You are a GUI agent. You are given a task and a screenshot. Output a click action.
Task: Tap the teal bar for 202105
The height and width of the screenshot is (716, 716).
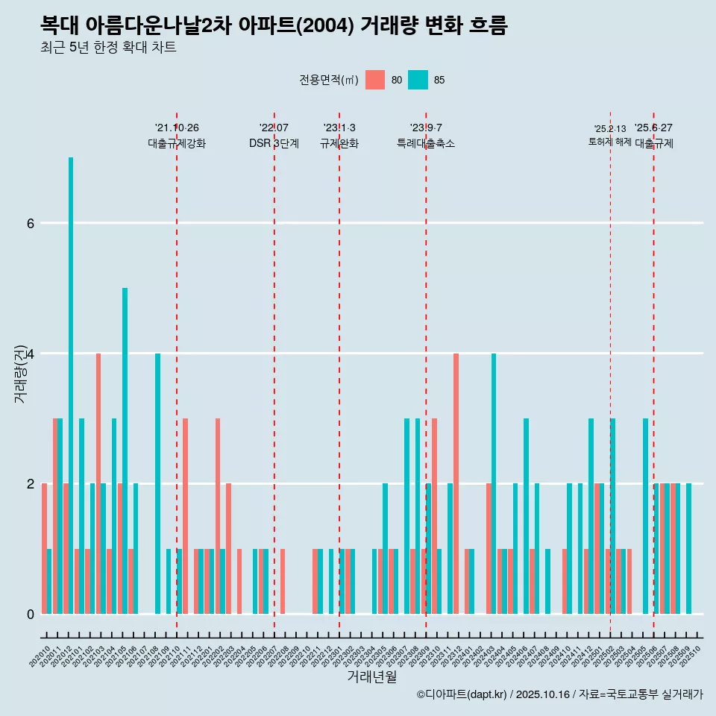[125, 450]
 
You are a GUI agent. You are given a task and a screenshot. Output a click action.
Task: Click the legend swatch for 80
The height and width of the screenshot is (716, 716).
[375, 80]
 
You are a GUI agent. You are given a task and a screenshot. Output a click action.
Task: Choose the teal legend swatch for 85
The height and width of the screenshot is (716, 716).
[418, 80]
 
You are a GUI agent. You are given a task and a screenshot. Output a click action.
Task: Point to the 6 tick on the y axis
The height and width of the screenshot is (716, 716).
[31, 223]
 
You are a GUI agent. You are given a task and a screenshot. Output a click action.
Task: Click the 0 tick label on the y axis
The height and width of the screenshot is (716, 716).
[31, 614]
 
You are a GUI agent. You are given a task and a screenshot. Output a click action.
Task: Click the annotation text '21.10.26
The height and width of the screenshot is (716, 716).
[177, 128]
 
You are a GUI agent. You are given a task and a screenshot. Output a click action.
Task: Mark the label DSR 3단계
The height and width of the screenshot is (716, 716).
[274, 143]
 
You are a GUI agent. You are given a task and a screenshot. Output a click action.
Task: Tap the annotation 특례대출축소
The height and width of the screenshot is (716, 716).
[426, 143]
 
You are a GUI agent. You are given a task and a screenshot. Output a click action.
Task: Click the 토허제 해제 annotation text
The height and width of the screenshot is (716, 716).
[609, 142]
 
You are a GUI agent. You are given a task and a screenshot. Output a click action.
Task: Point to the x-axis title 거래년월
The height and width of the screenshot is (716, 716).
[371, 676]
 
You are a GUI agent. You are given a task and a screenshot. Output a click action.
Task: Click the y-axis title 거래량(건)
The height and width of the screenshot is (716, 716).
[20, 373]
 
